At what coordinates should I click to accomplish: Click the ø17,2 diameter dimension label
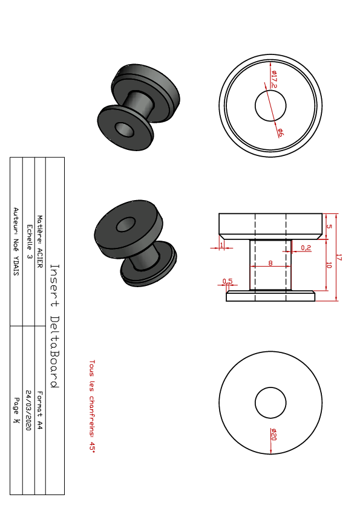pos(274,79)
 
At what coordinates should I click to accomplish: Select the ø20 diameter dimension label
pos(273,434)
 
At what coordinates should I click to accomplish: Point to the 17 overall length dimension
pos(339,258)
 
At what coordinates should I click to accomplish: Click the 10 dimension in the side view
pos(329,265)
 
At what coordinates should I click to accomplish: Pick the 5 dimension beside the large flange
pos(329,226)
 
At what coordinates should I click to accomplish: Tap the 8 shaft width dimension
pos(270,263)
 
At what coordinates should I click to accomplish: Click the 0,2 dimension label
pos(306,248)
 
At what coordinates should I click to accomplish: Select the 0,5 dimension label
pos(227,281)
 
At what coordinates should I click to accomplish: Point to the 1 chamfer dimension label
pos(221,245)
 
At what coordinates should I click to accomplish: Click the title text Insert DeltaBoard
pos(54,326)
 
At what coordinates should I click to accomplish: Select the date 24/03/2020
pos(28,410)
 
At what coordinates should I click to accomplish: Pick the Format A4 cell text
pos(40,410)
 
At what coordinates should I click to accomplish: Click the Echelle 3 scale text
pos(29,242)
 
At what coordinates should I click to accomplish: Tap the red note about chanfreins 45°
pos(93,406)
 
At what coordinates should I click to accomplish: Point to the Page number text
pos(16,410)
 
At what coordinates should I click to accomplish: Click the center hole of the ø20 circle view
pos(270,403)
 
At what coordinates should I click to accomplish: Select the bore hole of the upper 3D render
pos(125,130)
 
